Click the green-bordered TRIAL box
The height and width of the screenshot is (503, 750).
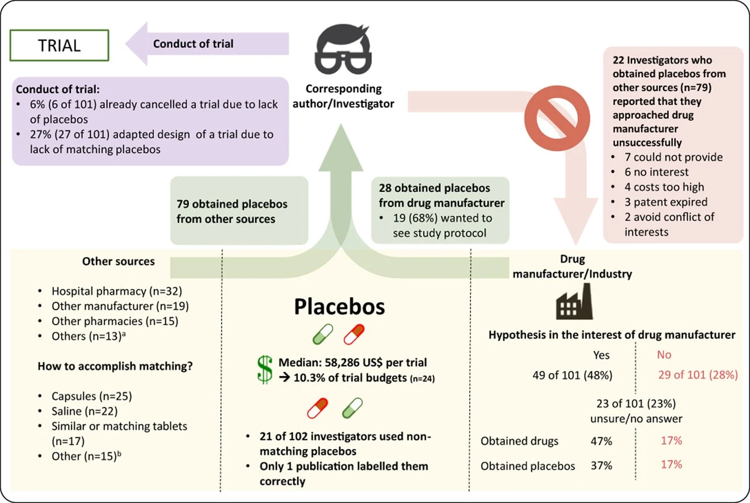click(60, 45)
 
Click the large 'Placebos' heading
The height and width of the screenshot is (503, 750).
click(339, 307)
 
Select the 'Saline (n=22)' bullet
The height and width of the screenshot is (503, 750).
click(85, 411)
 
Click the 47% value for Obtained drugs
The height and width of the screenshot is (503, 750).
click(601, 441)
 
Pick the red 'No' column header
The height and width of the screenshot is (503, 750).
click(664, 355)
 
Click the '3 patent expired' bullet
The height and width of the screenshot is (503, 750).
click(663, 202)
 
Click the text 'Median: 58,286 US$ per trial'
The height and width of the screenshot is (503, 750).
click(352, 362)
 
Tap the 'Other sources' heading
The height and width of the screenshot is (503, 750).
click(118, 261)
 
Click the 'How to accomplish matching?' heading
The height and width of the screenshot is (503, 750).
click(115, 366)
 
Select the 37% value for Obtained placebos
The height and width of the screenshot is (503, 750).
click(601, 466)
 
